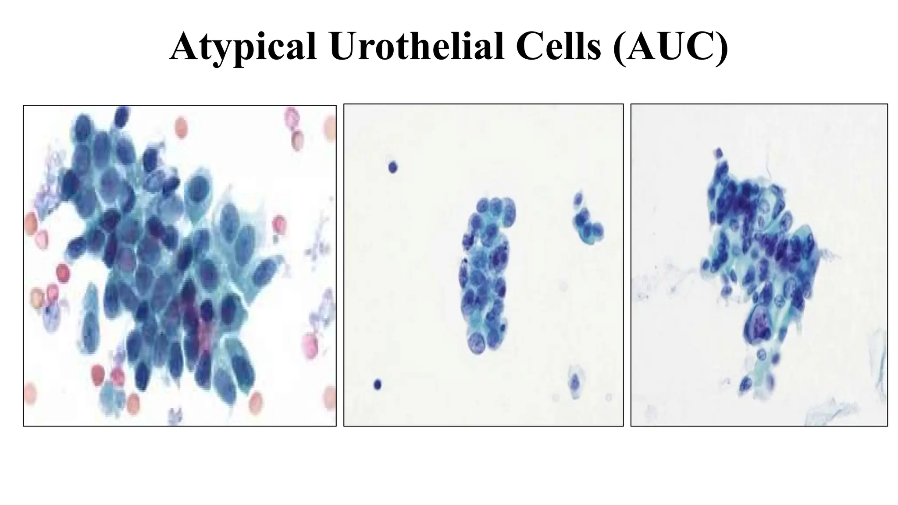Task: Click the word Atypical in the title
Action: (243, 47)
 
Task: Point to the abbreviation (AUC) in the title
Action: (671, 47)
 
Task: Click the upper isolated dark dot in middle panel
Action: (392, 167)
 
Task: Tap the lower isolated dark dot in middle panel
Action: (377, 385)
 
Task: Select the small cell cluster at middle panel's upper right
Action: (587, 220)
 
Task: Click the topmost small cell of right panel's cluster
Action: (718, 153)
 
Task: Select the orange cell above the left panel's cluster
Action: (181, 128)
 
